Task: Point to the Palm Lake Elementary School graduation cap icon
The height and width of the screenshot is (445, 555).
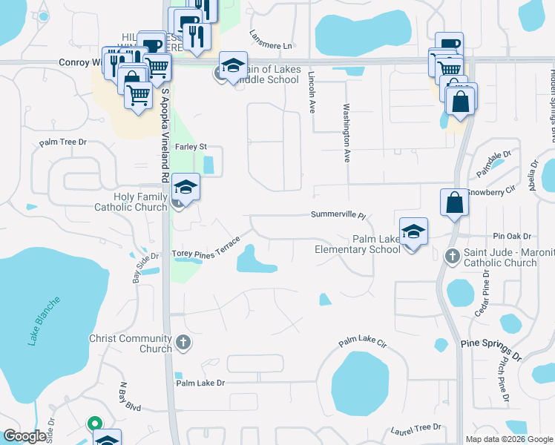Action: pyautogui.click(x=413, y=232)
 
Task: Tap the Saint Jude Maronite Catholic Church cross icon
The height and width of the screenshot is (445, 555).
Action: pyautogui.click(x=453, y=256)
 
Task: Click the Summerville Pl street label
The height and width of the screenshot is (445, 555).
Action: pyautogui.click(x=338, y=215)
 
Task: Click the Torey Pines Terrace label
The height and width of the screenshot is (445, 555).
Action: pyautogui.click(x=206, y=248)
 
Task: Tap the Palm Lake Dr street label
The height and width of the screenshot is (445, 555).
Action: pyautogui.click(x=200, y=383)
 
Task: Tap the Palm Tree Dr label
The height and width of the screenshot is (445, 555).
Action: pyautogui.click(x=63, y=142)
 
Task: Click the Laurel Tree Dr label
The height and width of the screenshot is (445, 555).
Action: pyautogui.click(x=416, y=429)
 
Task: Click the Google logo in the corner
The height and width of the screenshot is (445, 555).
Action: pyautogui.click(x=24, y=436)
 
